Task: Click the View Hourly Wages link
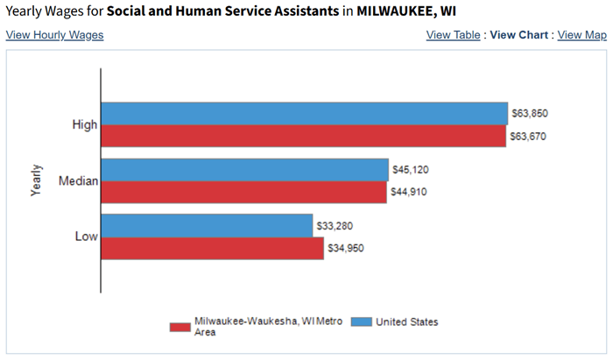click(54, 35)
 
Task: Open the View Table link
click(453, 35)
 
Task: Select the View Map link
click(581, 35)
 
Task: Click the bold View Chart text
click(518, 35)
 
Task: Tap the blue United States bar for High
click(304, 114)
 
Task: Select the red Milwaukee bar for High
click(303, 136)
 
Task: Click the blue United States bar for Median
click(244, 169)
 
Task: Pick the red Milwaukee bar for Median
click(243, 192)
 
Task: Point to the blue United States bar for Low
click(207, 225)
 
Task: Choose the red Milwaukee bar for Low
click(212, 248)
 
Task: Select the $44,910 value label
click(409, 192)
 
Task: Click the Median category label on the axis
click(78, 181)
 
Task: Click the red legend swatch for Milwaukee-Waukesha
click(180, 327)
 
